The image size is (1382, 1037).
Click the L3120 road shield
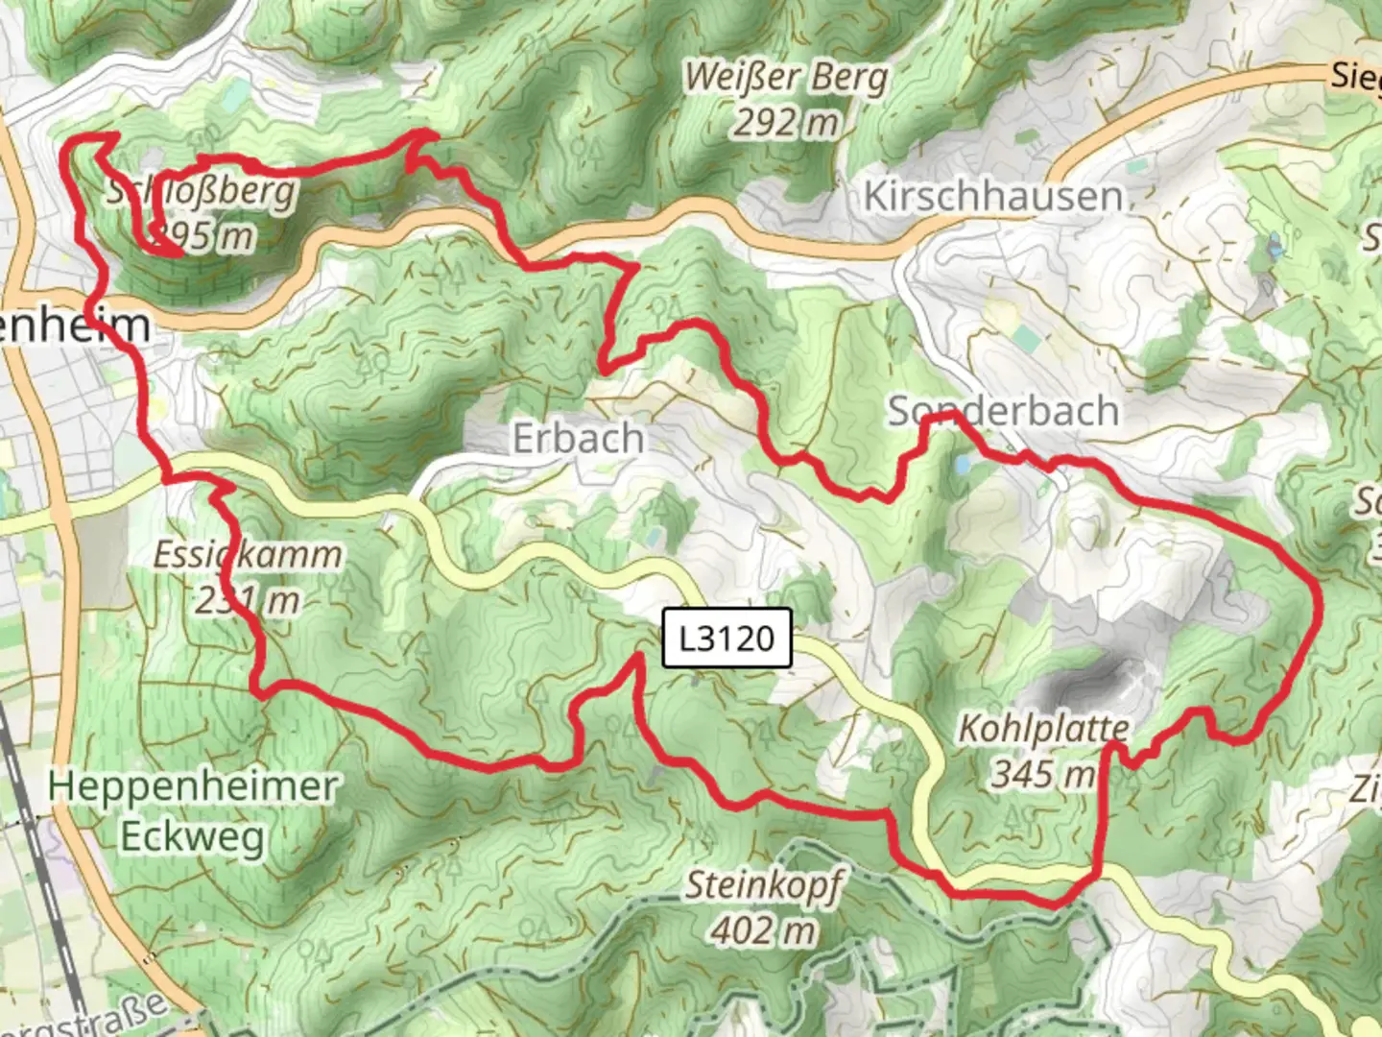coord(727,638)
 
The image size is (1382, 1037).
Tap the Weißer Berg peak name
coord(785,77)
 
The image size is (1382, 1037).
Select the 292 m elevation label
coord(785,123)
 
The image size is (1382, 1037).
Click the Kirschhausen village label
coord(992,196)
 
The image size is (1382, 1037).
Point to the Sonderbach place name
coord(1003,411)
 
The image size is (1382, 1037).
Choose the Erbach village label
coord(578,439)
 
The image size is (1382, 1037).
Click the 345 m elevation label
coord(1042,772)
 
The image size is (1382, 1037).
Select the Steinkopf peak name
coord(764,884)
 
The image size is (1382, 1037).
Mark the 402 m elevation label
coord(764,928)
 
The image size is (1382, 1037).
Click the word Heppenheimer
coord(193,786)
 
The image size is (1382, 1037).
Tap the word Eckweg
coord(193,836)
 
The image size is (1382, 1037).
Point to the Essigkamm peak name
coord(248,555)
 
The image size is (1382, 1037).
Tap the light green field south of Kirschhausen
coord(1025,338)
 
